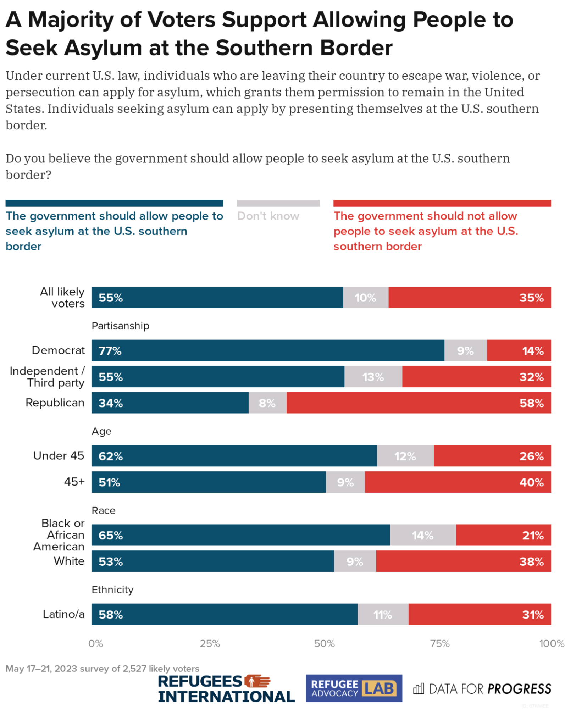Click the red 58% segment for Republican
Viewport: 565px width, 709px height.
(x=419, y=403)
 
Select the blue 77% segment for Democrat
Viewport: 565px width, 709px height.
(x=268, y=350)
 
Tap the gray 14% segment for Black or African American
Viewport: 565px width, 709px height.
(x=423, y=535)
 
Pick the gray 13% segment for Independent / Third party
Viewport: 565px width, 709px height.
(x=373, y=377)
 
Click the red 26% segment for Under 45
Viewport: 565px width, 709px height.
(x=492, y=456)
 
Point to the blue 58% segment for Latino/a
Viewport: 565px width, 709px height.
(x=224, y=614)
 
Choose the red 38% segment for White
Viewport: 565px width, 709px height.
(x=463, y=561)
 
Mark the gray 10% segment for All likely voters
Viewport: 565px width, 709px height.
(x=366, y=298)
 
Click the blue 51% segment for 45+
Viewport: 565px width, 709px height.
(x=209, y=482)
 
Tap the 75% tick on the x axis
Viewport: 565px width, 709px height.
(x=439, y=643)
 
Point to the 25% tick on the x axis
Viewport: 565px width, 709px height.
(x=210, y=643)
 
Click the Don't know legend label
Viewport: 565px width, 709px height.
(x=268, y=216)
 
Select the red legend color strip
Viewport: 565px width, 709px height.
(x=442, y=203)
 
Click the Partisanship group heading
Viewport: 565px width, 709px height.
(x=121, y=326)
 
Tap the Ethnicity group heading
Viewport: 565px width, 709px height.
(x=112, y=589)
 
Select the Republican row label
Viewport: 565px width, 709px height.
(x=55, y=403)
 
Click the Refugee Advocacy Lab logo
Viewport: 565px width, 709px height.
(x=354, y=688)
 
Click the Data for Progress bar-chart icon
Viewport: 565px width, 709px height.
(x=419, y=688)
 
